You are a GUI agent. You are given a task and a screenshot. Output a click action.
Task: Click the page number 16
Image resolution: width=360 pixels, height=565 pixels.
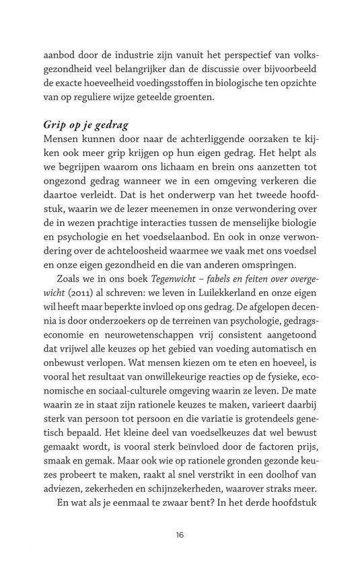(x=180, y=535)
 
